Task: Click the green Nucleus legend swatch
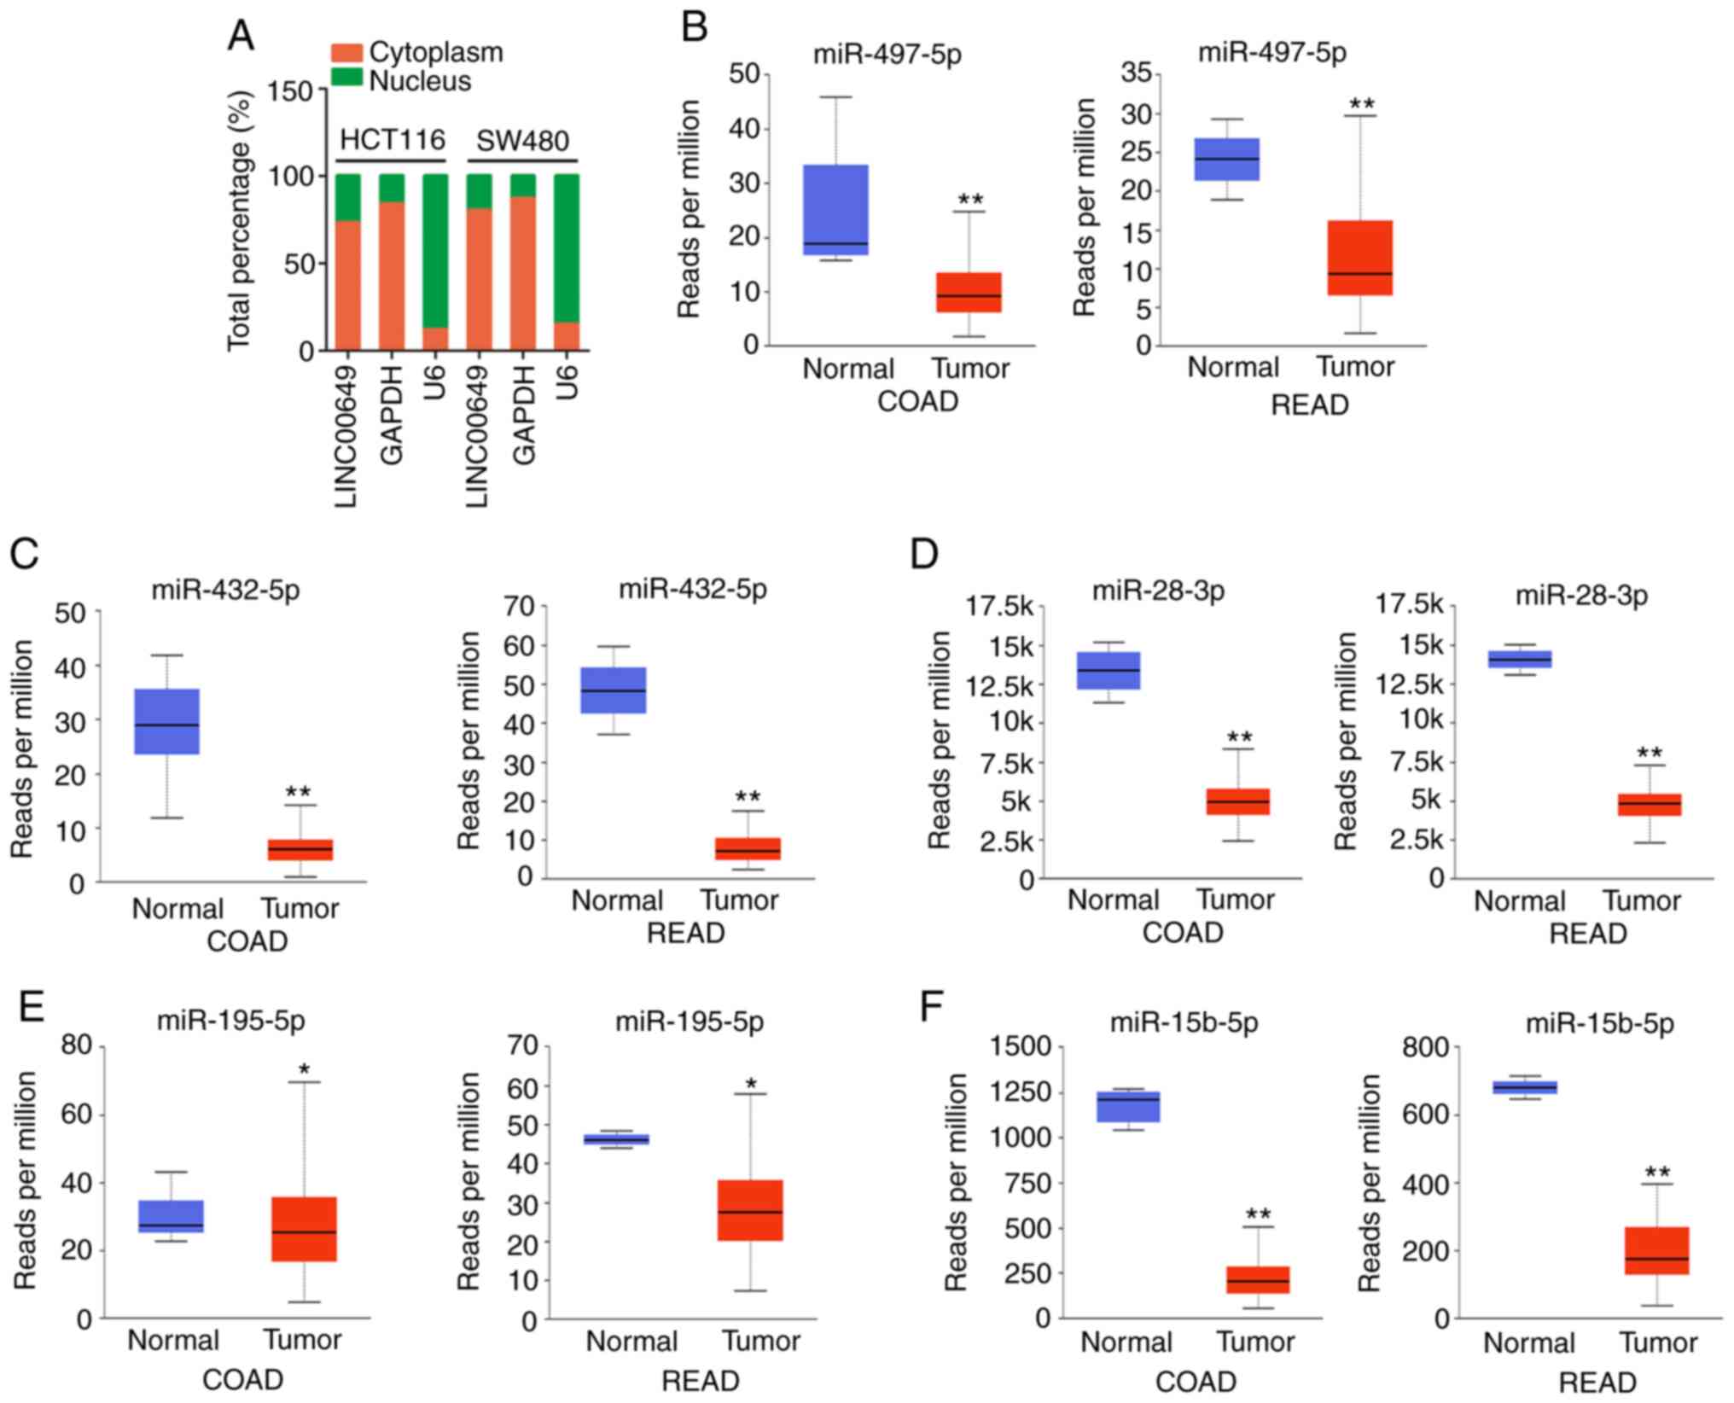point(346,79)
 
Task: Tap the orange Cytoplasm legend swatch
point(346,52)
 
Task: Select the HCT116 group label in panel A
point(393,140)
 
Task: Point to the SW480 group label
point(522,141)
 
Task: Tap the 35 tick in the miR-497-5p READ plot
point(1141,75)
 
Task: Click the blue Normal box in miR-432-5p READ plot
point(613,690)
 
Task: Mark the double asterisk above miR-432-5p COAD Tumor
point(299,793)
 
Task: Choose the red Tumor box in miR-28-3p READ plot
point(1650,805)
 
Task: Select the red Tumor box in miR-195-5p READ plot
point(750,1210)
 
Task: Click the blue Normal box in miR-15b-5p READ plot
point(1525,1087)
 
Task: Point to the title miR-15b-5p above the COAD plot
point(1184,1023)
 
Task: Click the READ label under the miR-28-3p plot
point(1588,934)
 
